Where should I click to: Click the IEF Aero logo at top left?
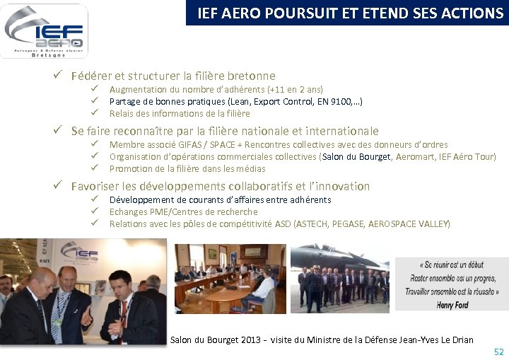44,30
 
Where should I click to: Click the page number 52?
498,352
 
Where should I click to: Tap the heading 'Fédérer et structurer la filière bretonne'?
173,76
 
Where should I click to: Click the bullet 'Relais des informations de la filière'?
180,113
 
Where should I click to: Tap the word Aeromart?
415,157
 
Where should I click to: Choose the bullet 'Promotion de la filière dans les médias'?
187,168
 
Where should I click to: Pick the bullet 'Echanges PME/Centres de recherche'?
183,211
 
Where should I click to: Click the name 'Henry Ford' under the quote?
453,305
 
